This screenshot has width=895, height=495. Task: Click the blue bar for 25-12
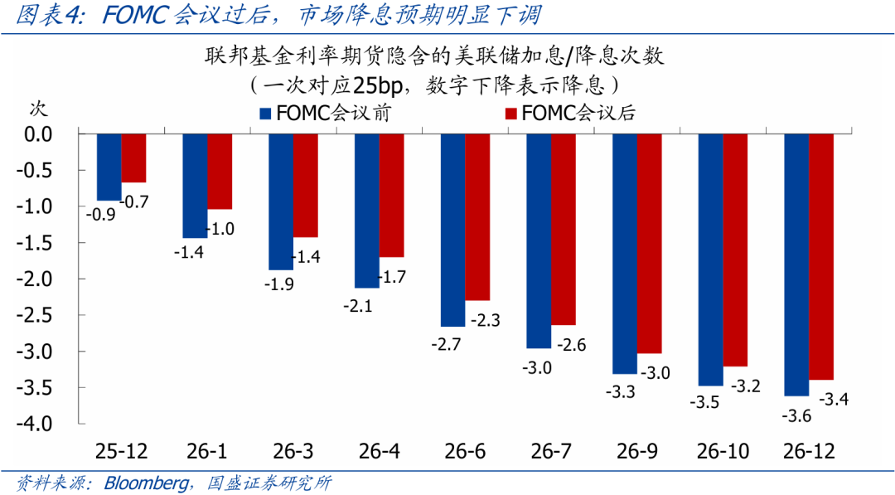click(109, 166)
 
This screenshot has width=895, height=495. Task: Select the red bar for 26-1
click(220, 171)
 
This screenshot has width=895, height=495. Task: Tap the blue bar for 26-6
click(452, 229)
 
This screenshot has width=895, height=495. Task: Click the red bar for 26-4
click(391, 195)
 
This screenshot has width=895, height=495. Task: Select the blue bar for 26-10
click(710, 259)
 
